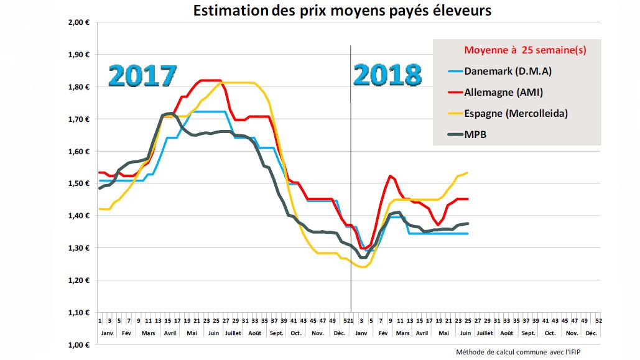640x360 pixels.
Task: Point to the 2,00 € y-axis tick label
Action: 79,22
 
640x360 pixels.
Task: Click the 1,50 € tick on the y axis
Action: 79,183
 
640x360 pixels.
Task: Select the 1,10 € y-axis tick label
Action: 79,312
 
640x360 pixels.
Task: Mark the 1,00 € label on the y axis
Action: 79,344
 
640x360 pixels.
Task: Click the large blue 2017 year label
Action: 142,76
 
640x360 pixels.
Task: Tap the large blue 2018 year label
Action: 387,76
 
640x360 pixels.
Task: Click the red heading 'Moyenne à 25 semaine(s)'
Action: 525,50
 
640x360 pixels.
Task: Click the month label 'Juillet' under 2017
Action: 232,333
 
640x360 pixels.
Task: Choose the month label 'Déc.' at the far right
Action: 591,333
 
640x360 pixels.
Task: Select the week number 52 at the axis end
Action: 598,321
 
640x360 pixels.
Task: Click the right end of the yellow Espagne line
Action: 467,173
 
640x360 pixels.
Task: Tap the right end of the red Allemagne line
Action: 467,199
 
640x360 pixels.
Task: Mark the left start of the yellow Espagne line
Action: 100,209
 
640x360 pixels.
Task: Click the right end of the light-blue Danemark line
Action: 467,233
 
